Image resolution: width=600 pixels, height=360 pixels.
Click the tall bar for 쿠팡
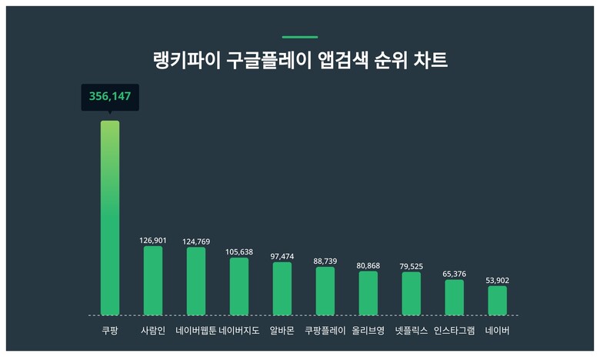(x=110, y=218)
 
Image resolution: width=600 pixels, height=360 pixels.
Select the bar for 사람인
(x=153, y=281)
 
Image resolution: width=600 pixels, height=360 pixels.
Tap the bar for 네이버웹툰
(x=196, y=282)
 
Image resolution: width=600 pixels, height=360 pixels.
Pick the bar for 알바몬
(x=282, y=288)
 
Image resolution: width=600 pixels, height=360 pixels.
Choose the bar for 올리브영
(x=368, y=293)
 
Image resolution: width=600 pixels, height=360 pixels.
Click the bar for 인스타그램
(x=455, y=298)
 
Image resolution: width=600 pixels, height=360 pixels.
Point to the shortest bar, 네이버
(x=498, y=301)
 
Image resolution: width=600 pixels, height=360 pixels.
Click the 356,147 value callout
(x=110, y=97)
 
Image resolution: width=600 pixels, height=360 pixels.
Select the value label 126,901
(x=153, y=240)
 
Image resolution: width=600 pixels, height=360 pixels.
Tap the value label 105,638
(x=239, y=252)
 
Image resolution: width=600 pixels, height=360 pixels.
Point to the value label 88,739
(x=325, y=261)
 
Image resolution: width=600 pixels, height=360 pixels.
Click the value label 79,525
(x=412, y=266)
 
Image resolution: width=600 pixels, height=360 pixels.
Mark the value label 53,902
(x=498, y=280)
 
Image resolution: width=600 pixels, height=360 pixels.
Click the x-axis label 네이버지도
(x=239, y=331)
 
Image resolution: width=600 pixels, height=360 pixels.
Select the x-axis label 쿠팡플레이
(x=325, y=331)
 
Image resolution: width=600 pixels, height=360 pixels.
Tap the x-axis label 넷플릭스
(x=412, y=331)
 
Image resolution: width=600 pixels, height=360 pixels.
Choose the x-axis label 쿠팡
(x=110, y=331)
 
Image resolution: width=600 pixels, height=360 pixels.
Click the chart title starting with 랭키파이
(x=300, y=61)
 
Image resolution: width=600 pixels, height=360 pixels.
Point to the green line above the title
(x=300, y=36)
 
